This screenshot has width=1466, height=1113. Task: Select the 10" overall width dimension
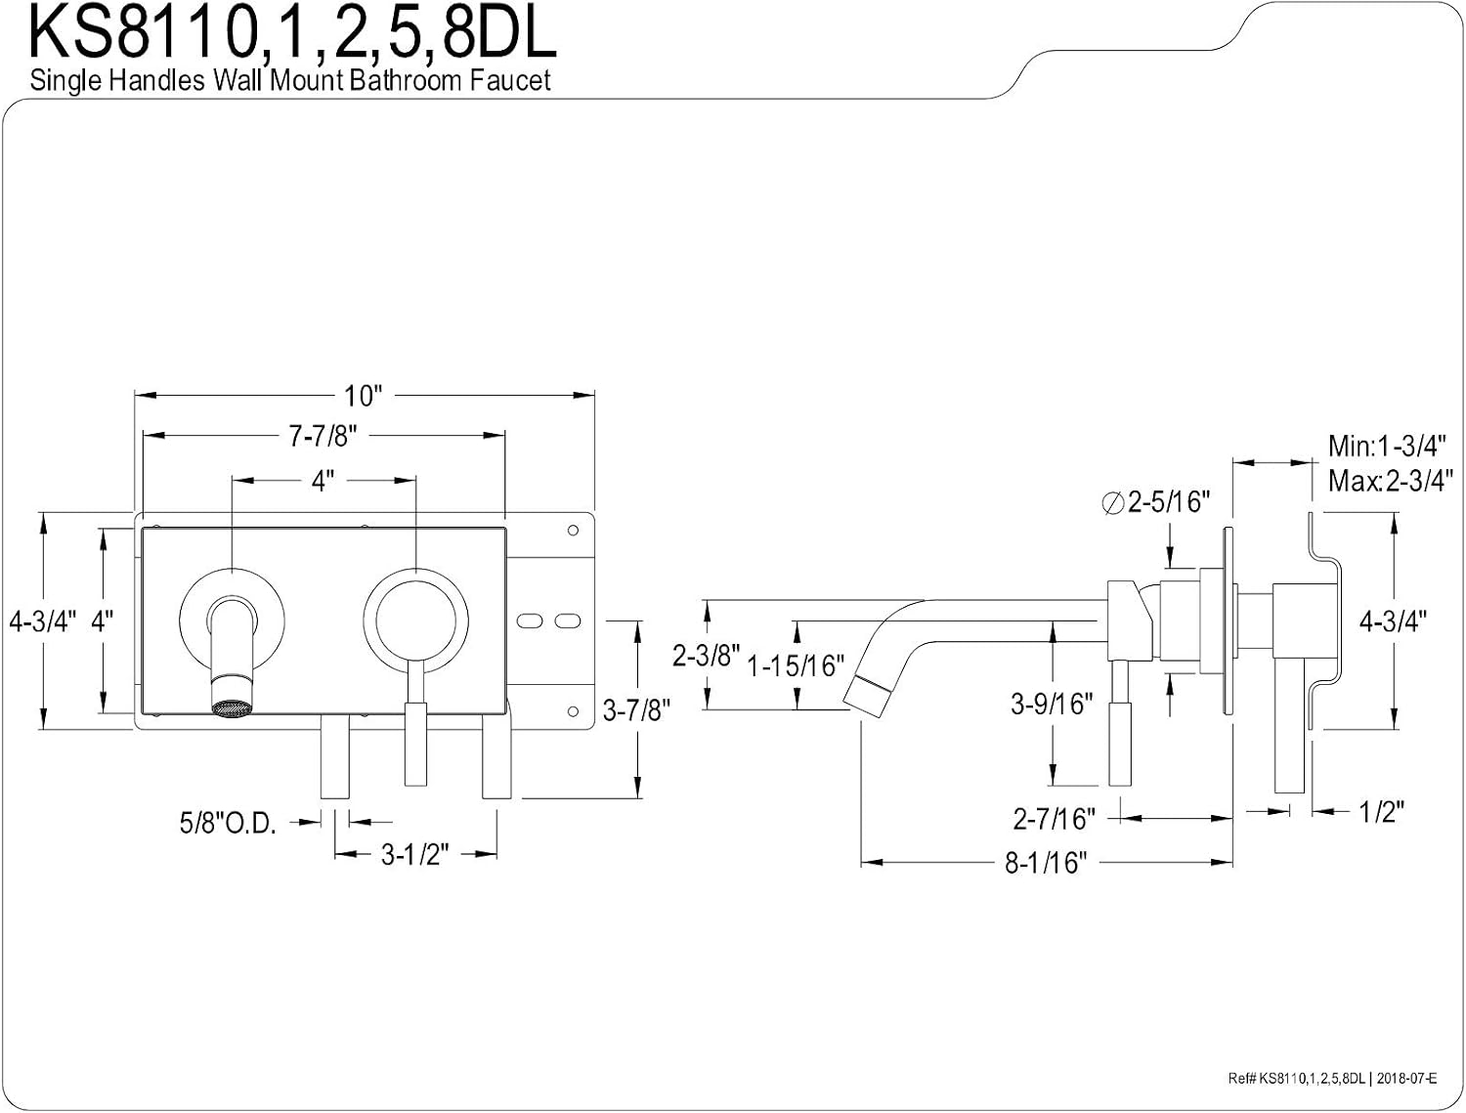(x=363, y=396)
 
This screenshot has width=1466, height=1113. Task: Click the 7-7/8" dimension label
(x=323, y=436)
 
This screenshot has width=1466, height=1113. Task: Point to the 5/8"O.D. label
(x=228, y=823)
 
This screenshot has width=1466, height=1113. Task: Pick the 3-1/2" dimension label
(x=414, y=855)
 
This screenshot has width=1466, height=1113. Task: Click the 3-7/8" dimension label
(x=636, y=710)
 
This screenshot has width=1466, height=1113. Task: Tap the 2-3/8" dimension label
(x=706, y=656)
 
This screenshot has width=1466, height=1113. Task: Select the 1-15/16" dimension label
(x=796, y=665)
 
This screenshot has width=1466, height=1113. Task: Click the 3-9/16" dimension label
(x=1052, y=704)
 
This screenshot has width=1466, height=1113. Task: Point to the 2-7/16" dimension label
(x=1055, y=819)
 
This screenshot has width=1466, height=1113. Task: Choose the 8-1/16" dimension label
(x=1046, y=863)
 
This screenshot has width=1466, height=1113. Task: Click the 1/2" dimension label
(x=1382, y=812)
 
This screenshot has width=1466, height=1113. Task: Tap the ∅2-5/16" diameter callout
(x=1156, y=501)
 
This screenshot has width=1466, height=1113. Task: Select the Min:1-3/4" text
(x=1387, y=446)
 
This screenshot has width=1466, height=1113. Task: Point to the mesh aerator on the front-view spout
(x=233, y=708)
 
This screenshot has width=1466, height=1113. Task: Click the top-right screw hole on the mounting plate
(x=573, y=531)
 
